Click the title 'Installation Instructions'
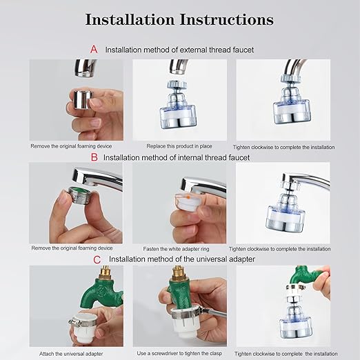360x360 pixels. click(x=179, y=19)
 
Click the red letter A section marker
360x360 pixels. click(x=94, y=50)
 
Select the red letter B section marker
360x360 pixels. click(x=94, y=157)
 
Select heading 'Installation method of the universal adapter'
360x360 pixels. click(x=183, y=259)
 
